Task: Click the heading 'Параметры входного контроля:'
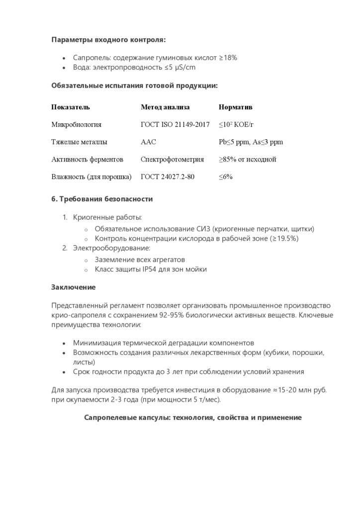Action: tap(108, 40)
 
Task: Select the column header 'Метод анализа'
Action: tap(165, 107)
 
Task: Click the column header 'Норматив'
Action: tap(235, 107)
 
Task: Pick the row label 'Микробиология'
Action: tap(76, 125)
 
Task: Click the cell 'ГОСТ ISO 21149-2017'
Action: tap(175, 125)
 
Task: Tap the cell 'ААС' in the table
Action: tap(148, 142)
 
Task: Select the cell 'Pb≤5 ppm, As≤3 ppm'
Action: tap(251, 142)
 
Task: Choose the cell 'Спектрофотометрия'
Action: tap(172, 160)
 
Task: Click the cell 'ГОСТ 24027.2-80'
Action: tap(168, 177)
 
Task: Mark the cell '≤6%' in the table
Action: tap(226, 177)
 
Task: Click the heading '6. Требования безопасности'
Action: tap(102, 199)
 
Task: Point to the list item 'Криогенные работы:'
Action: tap(107, 217)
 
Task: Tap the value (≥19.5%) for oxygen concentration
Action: tap(284, 239)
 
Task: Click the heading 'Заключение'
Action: tap(73, 287)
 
